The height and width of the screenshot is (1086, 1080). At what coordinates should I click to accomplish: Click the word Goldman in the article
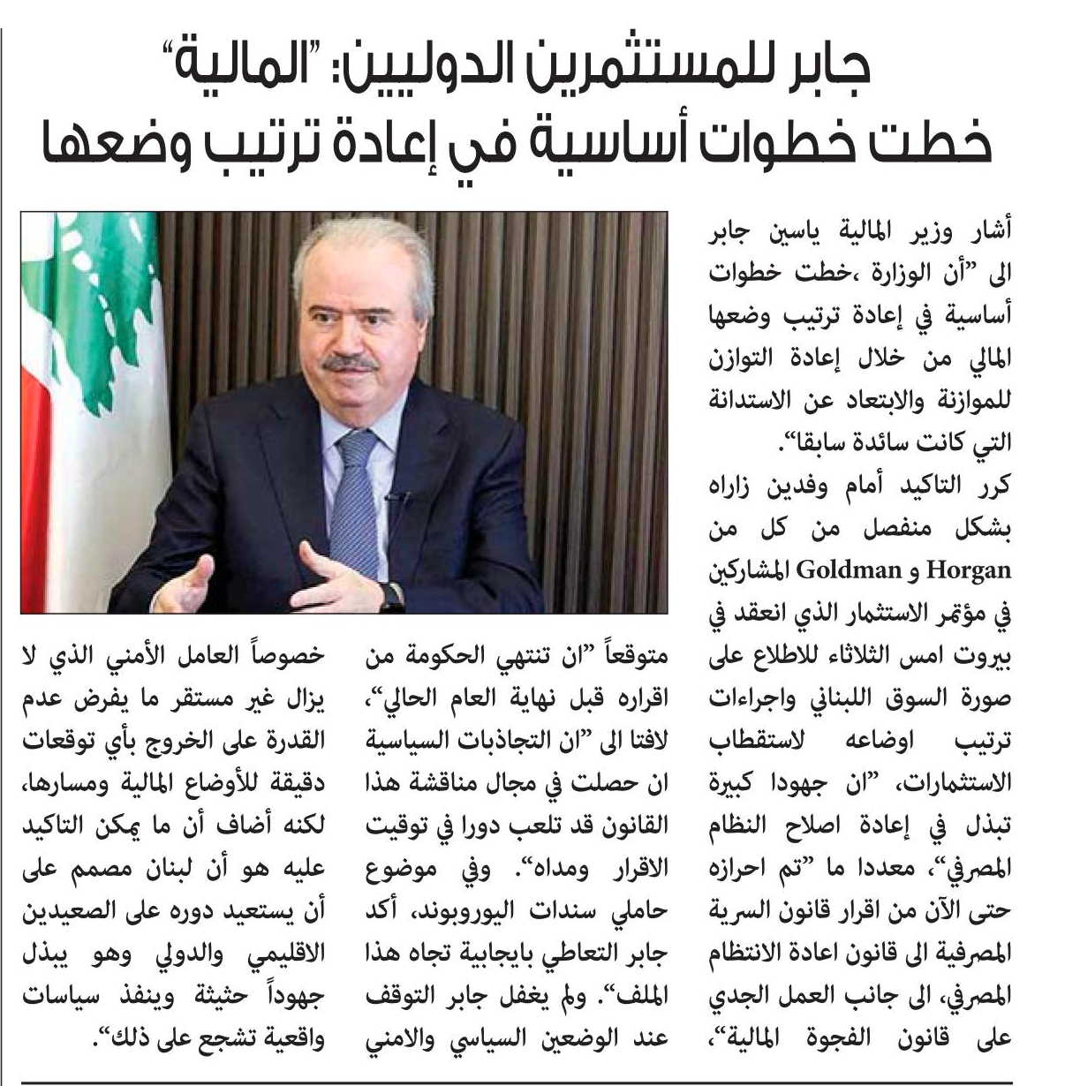tap(847, 569)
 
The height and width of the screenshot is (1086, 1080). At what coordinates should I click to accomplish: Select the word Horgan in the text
tap(968, 570)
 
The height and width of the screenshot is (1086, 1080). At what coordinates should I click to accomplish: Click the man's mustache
tap(351, 363)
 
